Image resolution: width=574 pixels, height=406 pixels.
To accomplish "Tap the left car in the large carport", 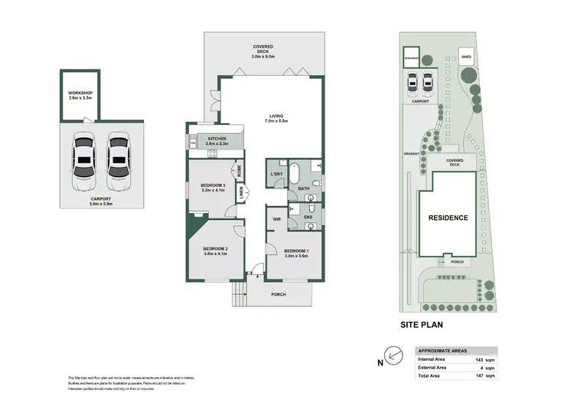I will pyautogui.click(x=83, y=162).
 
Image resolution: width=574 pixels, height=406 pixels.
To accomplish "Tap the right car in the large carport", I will pyautogui.click(x=116, y=162).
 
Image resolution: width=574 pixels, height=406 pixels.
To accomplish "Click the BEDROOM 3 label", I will pyautogui.click(x=212, y=188).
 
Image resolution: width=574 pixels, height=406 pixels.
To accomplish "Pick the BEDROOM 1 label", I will pyautogui.click(x=296, y=251).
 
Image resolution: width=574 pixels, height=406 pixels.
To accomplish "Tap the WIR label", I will pyautogui.click(x=277, y=219).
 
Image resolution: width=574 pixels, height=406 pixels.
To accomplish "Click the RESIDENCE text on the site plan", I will pyautogui.click(x=448, y=218).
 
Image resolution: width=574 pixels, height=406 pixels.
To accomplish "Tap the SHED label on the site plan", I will pyautogui.click(x=466, y=56).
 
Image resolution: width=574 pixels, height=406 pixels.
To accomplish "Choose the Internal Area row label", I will pyautogui.click(x=431, y=359).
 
